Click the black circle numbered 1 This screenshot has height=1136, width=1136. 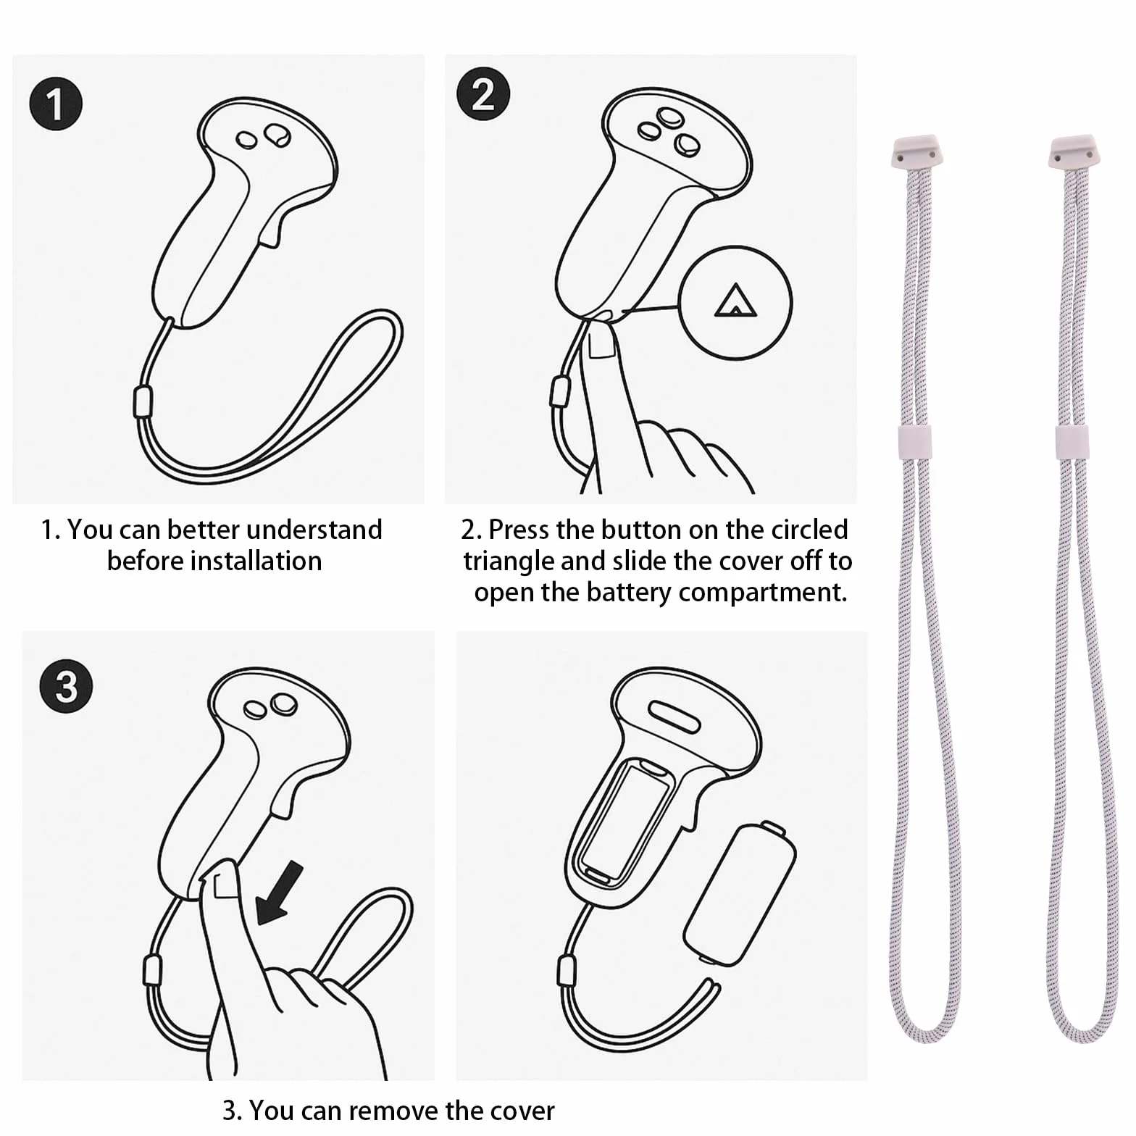tap(56, 104)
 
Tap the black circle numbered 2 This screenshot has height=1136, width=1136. tap(483, 94)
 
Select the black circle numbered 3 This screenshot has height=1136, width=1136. tap(66, 686)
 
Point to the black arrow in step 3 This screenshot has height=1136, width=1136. tap(280, 893)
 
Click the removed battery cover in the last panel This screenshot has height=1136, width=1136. tap(740, 893)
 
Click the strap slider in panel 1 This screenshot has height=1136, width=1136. tap(142, 402)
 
